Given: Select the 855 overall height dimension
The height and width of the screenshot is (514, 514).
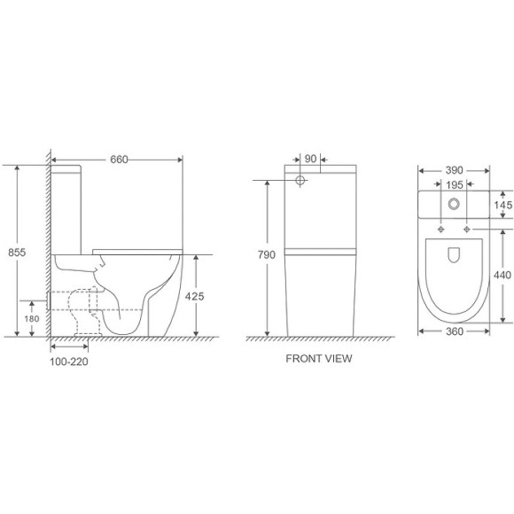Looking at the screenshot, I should tap(15, 252).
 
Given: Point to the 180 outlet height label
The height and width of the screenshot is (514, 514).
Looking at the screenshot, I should tap(31, 318).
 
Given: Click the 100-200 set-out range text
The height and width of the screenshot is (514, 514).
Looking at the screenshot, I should tap(69, 362).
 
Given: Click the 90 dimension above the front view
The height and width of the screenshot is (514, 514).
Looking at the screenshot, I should tap(310, 160).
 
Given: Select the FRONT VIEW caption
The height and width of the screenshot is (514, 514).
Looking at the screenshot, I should tap(318, 359).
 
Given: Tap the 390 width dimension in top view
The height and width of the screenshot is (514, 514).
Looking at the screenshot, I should tap(454, 169).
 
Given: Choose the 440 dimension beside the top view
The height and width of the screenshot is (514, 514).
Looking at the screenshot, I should tap(502, 276).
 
